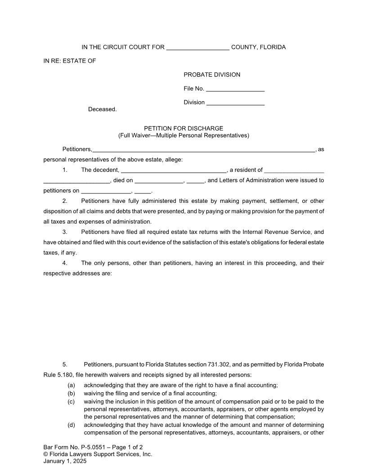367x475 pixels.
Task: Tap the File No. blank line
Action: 235,90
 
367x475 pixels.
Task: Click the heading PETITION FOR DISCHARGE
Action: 183,128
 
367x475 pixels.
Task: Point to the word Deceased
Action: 102,109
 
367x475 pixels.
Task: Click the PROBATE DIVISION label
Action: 212,75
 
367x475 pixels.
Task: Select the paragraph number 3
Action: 65,232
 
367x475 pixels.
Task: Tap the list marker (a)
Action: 71,385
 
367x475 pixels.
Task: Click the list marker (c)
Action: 71,402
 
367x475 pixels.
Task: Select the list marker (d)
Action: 71,425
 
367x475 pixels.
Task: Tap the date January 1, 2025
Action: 65,461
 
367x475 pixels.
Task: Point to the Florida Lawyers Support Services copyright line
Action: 98,454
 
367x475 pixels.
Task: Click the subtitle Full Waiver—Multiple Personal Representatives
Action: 183,135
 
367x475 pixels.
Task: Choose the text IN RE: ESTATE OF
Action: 70,61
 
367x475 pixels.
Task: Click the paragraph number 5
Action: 65,364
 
